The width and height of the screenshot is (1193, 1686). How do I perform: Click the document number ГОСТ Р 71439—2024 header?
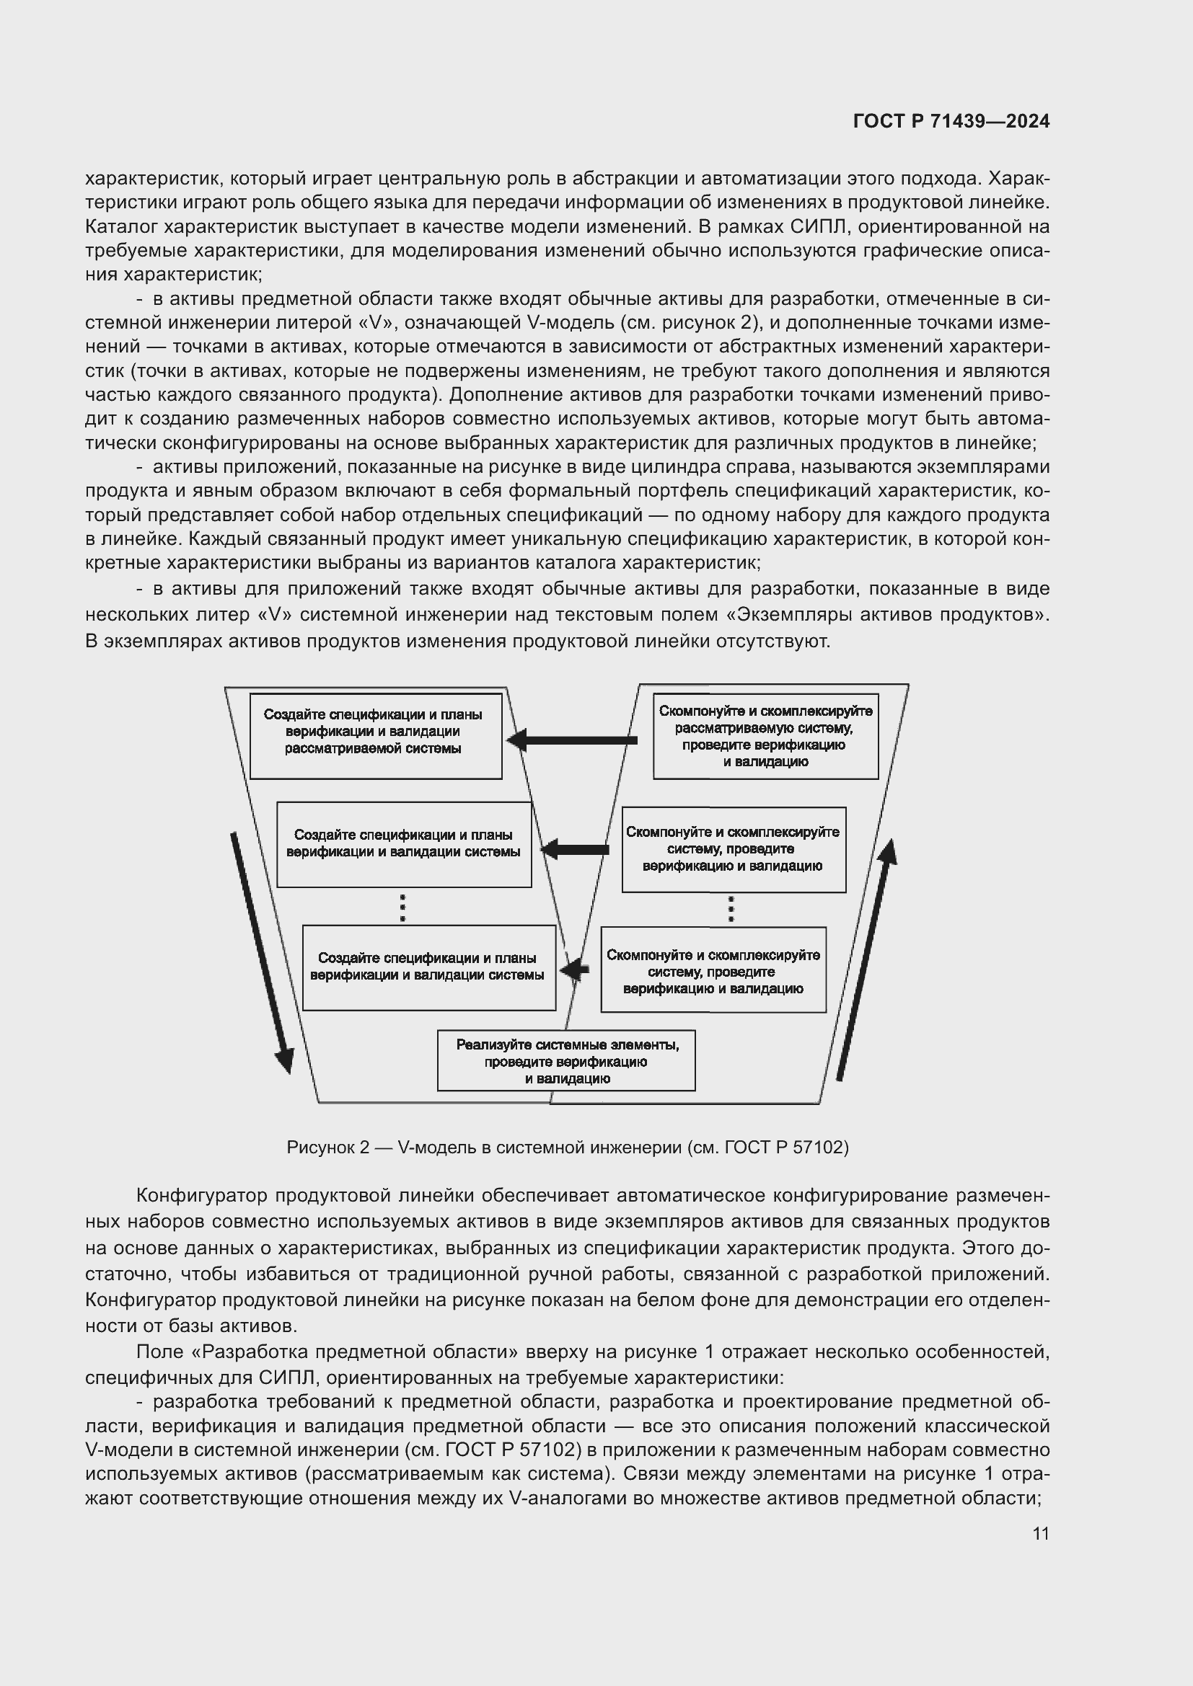951,121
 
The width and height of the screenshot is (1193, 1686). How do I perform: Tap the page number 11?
1040,1533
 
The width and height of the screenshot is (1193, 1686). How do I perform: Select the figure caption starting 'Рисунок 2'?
567,1147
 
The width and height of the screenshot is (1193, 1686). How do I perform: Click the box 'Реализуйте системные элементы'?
566,1060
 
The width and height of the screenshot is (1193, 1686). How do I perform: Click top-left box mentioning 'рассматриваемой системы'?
375,735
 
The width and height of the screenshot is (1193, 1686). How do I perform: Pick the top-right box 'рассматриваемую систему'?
765,736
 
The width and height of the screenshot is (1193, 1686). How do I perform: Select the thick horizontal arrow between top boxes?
573,740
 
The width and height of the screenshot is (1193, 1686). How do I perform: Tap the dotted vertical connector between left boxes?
402,907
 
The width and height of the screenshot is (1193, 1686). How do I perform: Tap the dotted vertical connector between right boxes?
730,909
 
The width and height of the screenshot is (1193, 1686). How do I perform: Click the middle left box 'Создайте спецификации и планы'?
404,844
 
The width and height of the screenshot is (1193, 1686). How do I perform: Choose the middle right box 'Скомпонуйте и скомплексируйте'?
733,850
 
